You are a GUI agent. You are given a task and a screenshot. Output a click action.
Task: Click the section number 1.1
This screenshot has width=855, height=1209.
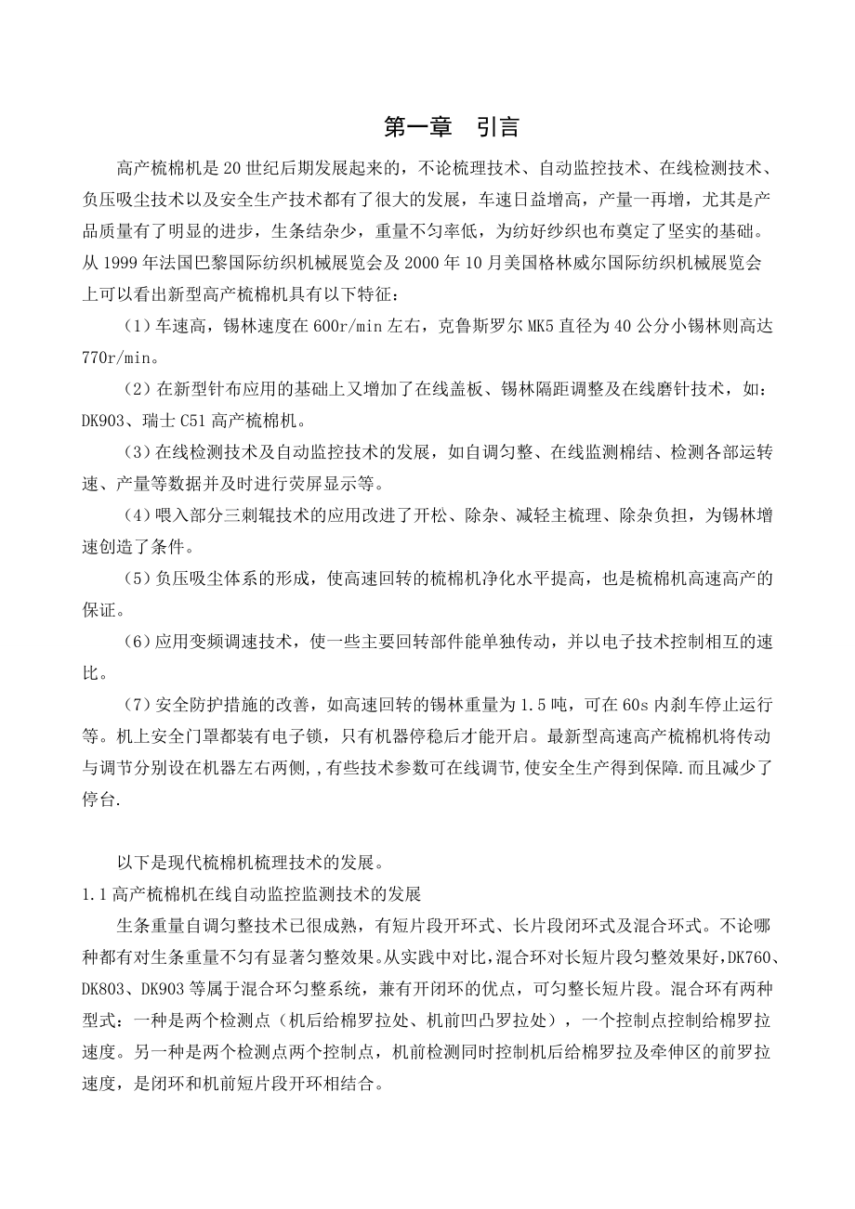95,895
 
